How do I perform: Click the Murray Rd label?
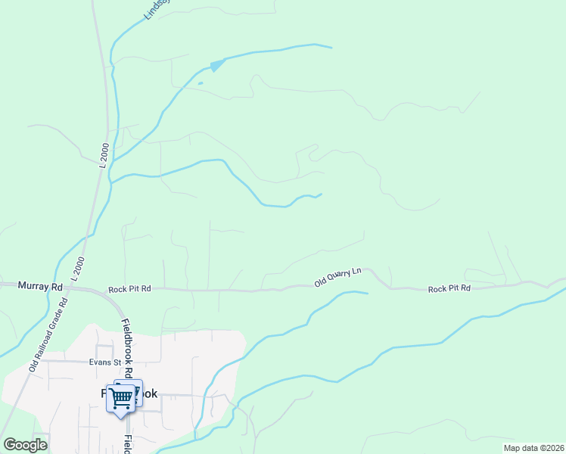click(40, 287)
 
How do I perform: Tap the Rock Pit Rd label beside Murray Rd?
click(129, 288)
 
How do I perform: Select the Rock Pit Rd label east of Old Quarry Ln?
click(449, 288)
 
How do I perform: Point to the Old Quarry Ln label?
click(339, 276)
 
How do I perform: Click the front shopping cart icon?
click(121, 398)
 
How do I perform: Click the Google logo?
click(25, 445)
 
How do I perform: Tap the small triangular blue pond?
click(217, 65)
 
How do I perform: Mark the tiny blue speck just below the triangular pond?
click(201, 82)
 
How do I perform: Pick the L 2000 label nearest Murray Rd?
click(78, 269)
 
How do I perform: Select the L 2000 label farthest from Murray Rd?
click(104, 154)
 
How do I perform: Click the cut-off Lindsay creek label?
click(157, 9)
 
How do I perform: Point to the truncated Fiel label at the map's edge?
click(129, 443)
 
